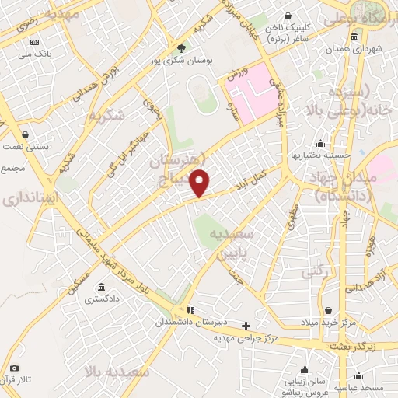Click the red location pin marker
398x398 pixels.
(x=201, y=183)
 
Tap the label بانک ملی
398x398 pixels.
(x=35, y=53)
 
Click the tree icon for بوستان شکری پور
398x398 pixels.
(x=182, y=47)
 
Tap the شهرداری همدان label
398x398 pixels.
(x=354, y=47)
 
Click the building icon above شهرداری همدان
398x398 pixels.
(x=354, y=37)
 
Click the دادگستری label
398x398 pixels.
(x=103, y=298)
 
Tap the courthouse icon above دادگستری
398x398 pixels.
(x=103, y=287)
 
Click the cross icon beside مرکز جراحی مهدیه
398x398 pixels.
(x=246, y=326)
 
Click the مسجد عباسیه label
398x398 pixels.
(x=359, y=386)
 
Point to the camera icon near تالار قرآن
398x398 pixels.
(x=14, y=368)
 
